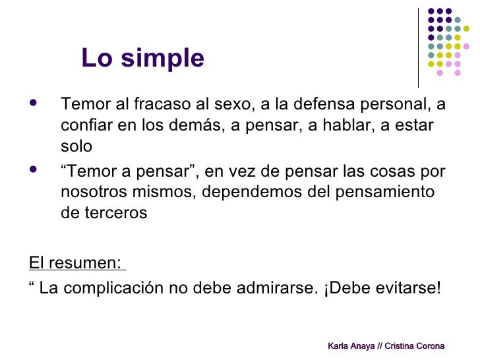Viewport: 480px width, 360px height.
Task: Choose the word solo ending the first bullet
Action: pyautogui.click(x=76, y=146)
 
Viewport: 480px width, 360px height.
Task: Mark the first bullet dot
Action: pyautogui.click(x=34, y=104)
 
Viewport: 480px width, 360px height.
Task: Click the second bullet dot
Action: pyautogui.click(x=34, y=171)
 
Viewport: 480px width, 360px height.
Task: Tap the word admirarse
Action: pyautogui.click(x=268, y=289)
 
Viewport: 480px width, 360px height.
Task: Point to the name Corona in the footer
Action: pyautogui.click(x=429, y=346)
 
